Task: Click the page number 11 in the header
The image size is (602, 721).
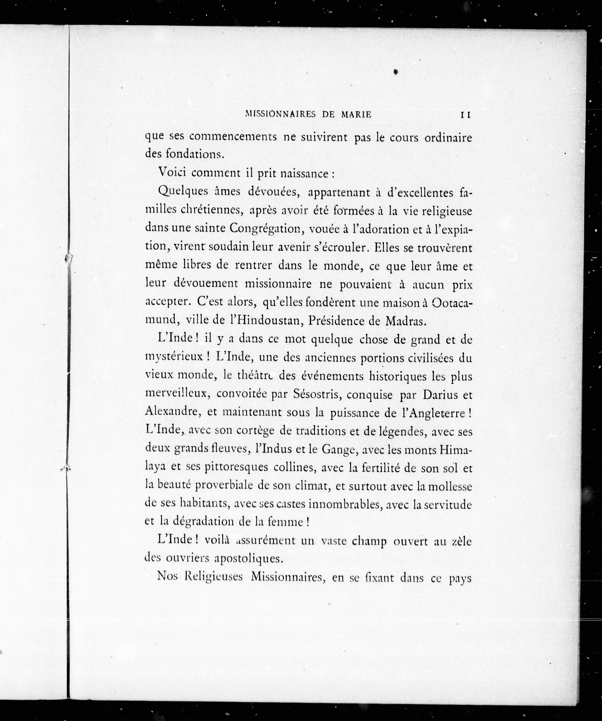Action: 465,115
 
